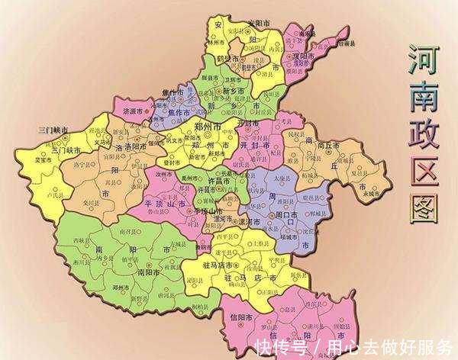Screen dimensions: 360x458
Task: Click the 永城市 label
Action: [373, 193]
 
